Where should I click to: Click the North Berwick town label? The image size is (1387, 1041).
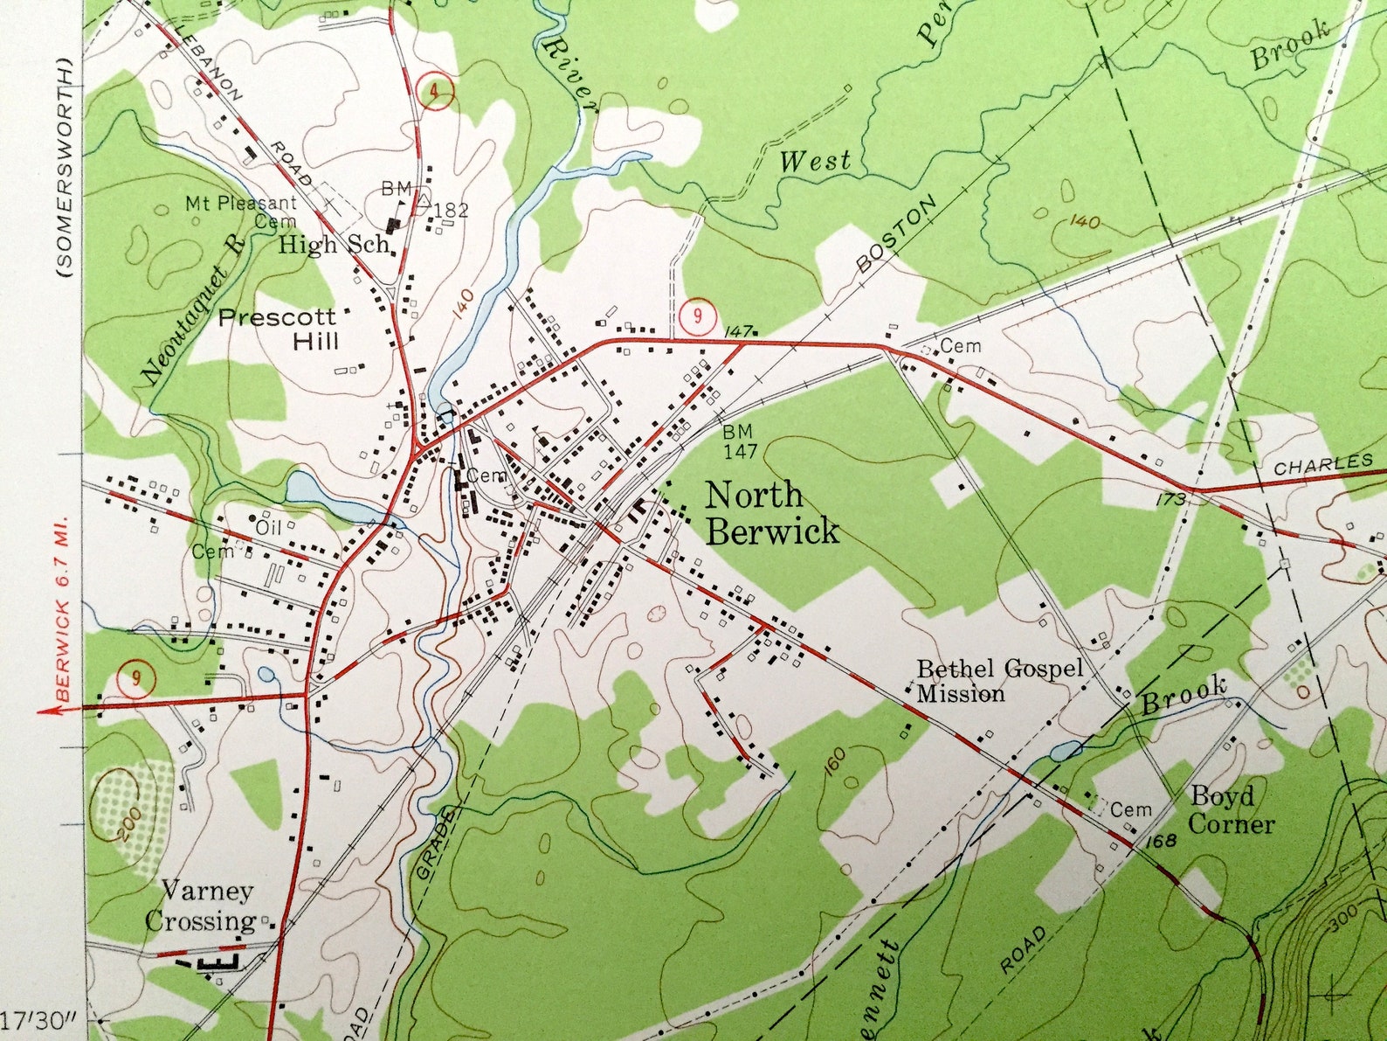pyautogui.click(x=772, y=513)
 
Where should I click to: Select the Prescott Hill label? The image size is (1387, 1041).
pyautogui.click(x=277, y=329)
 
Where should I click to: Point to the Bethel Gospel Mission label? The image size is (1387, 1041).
pyautogui.click(x=998, y=681)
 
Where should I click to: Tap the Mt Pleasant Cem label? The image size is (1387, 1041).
pyautogui.click(x=242, y=210)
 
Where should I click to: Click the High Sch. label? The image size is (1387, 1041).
pyautogui.click(x=334, y=245)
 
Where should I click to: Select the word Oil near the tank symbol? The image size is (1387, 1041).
pyautogui.click(x=268, y=527)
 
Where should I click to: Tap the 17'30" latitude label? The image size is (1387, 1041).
pyautogui.click(x=41, y=1020)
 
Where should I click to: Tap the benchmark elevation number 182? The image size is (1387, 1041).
pyautogui.click(x=452, y=211)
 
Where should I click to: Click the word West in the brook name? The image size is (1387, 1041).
pyautogui.click(x=815, y=161)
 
